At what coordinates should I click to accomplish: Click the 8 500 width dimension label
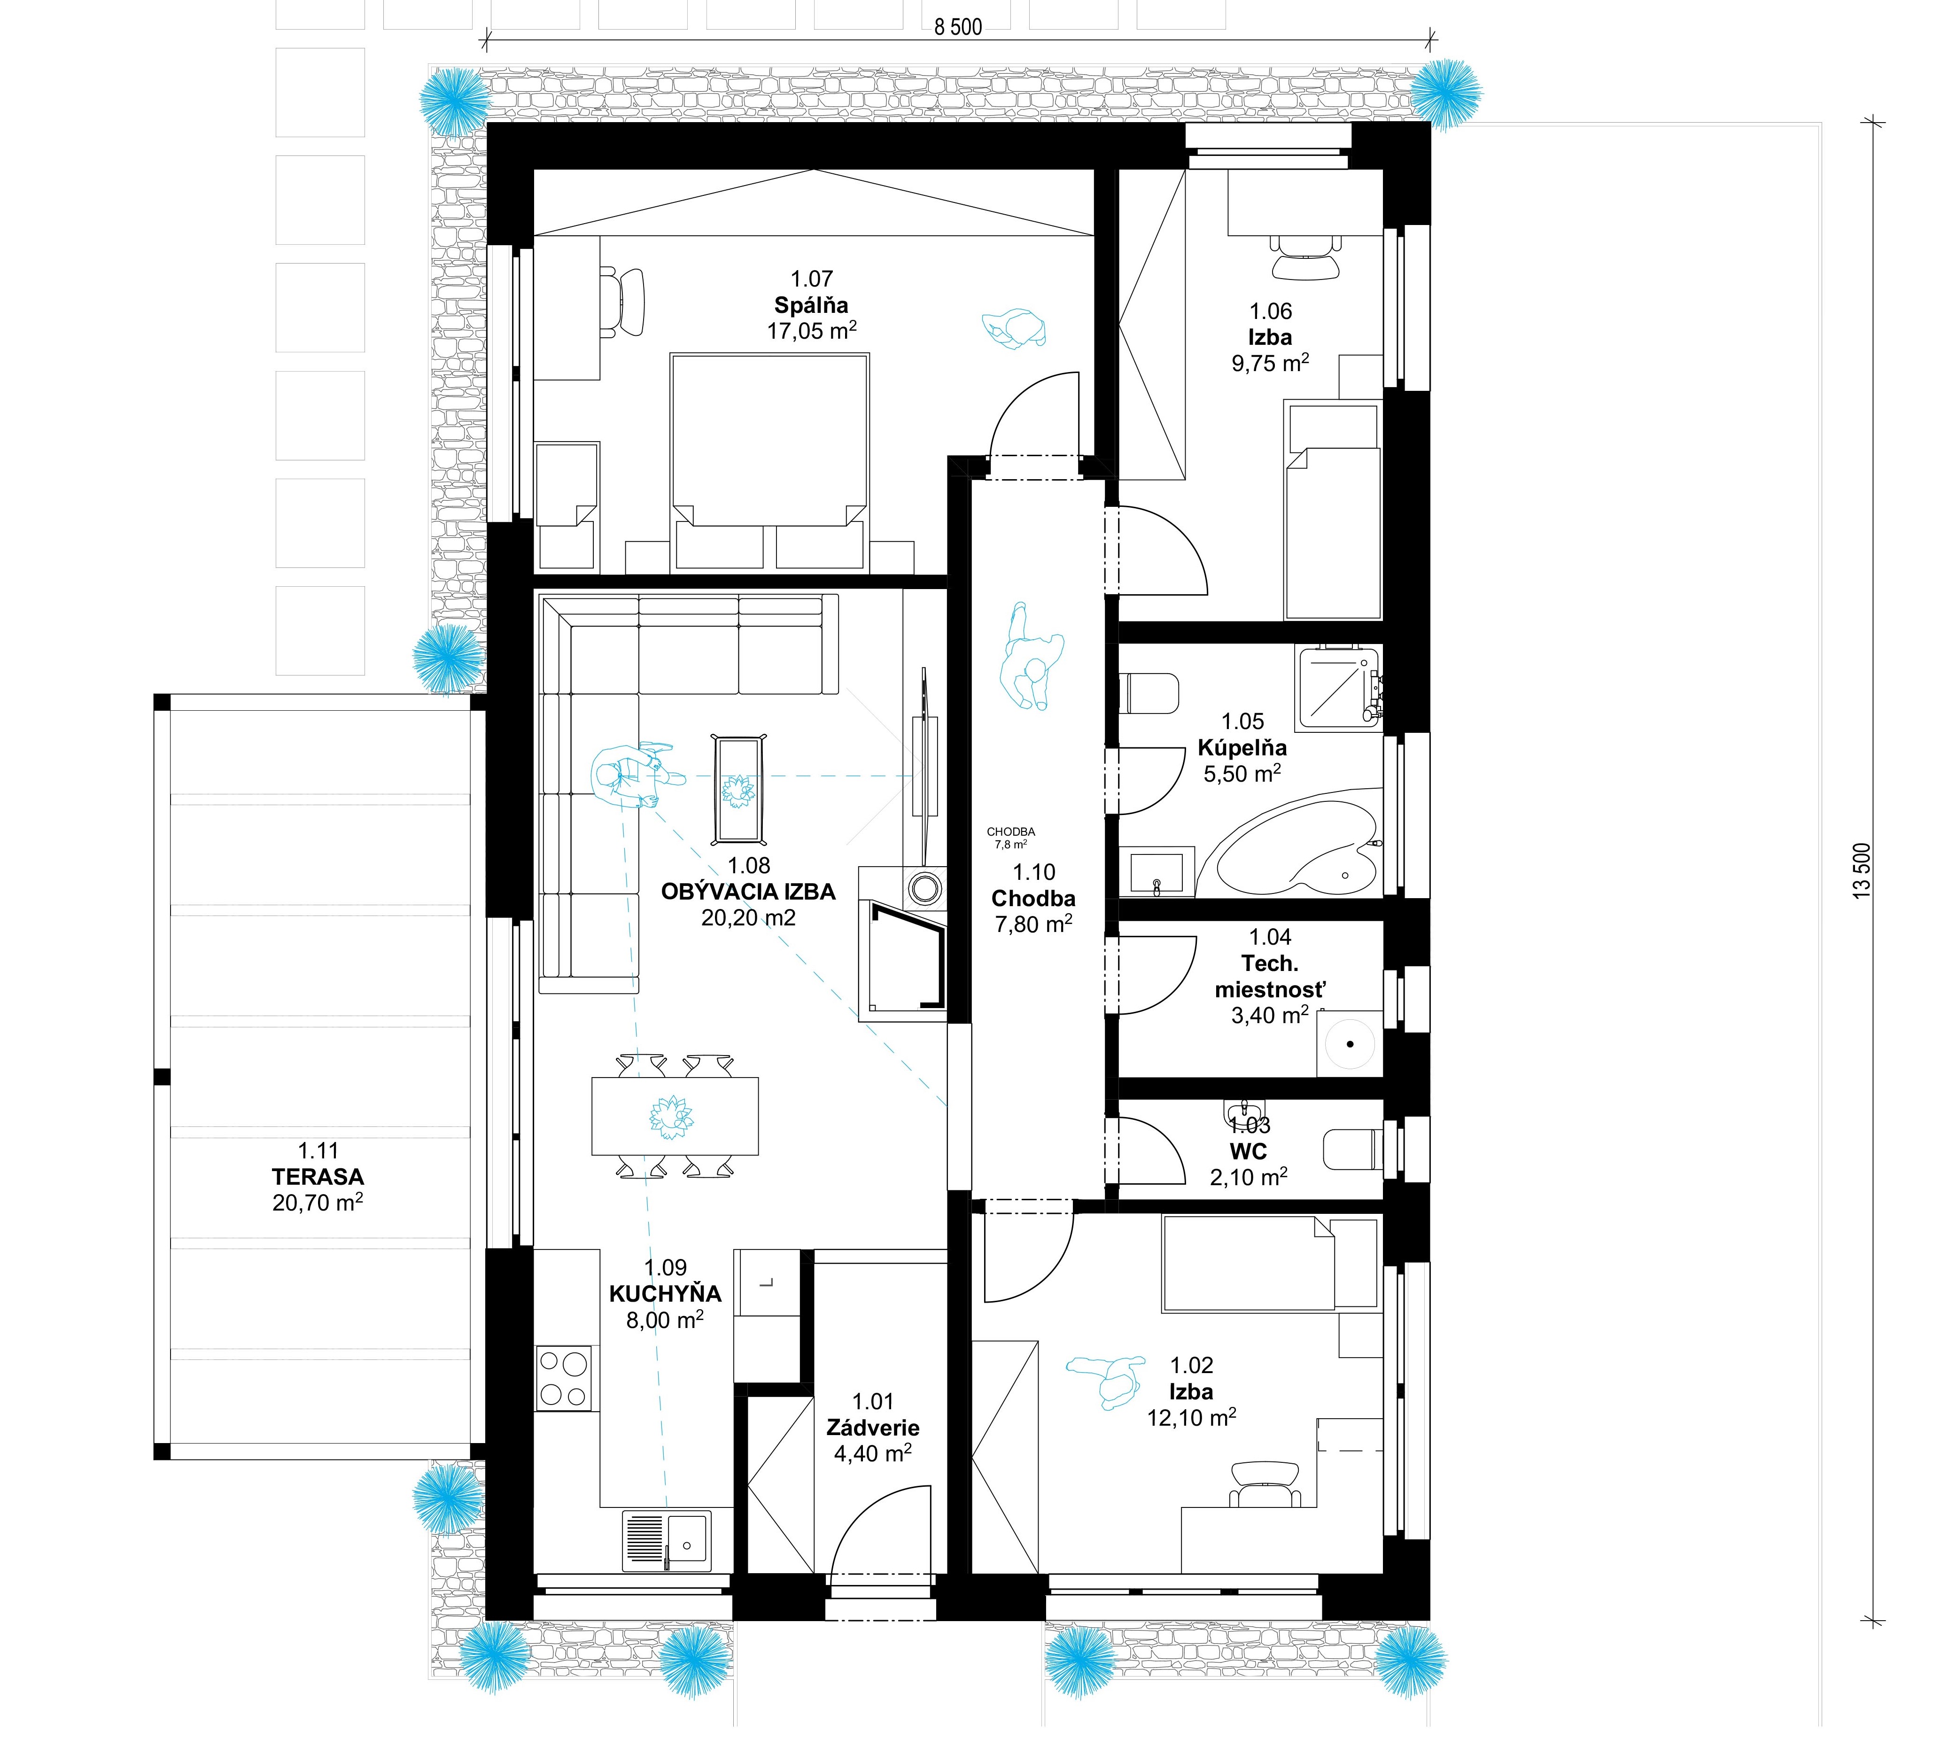point(958,27)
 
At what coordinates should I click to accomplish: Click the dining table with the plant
point(675,1116)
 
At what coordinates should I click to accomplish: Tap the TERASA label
point(318,1177)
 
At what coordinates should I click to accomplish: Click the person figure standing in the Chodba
point(1031,657)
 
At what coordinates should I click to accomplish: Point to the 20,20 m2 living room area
point(749,917)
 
